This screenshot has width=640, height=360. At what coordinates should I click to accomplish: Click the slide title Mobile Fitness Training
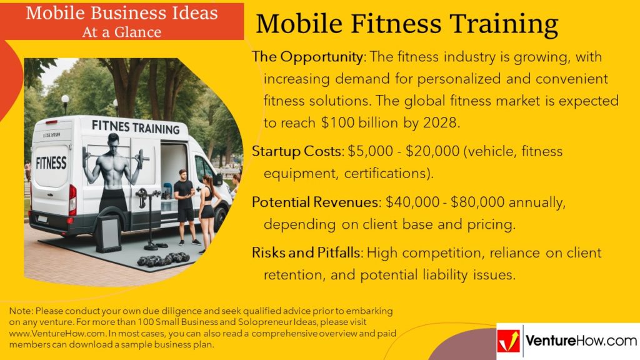(406, 24)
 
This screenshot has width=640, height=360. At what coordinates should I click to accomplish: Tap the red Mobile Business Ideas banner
(122, 22)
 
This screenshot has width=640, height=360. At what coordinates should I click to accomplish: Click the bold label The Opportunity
(307, 57)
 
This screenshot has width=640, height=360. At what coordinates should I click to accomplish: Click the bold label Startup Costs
(297, 151)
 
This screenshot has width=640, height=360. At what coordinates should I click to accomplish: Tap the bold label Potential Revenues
(315, 202)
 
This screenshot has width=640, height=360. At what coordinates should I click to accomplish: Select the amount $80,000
(477, 202)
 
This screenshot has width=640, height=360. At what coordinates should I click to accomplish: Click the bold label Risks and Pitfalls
(306, 252)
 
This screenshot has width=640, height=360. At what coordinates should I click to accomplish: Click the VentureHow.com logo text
(581, 341)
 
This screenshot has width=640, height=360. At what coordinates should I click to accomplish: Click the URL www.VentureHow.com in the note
(57, 334)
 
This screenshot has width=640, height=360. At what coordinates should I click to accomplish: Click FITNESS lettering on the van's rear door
(51, 163)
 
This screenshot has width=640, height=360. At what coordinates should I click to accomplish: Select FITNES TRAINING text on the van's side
(136, 127)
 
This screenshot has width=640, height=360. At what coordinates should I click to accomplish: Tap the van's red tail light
(72, 199)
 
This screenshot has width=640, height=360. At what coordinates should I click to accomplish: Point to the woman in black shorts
(207, 212)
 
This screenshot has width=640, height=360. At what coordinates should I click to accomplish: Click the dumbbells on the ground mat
(163, 259)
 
